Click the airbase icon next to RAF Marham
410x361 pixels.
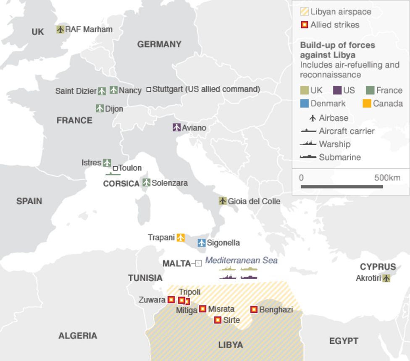pyautogui.click(x=60, y=29)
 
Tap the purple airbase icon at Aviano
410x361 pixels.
pyautogui.click(x=176, y=127)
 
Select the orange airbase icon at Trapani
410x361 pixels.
pyautogui.click(x=181, y=238)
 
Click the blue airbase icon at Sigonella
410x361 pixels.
pyautogui.click(x=202, y=243)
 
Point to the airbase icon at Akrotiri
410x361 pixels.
pyautogui.click(x=386, y=278)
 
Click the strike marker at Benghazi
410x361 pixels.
pyautogui.click(x=254, y=309)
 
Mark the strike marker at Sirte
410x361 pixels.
pyautogui.click(x=218, y=320)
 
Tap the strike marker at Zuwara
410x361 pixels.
pyautogui.click(x=171, y=300)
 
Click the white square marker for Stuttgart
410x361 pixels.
pyautogui.click(x=149, y=89)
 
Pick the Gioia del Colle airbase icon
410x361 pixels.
pyautogui.click(x=223, y=201)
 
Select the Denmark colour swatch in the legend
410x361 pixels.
pyautogui.click(x=305, y=103)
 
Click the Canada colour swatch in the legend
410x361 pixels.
pyautogui.click(x=367, y=103)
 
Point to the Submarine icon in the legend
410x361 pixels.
pyautogui.click(x=308, y=157)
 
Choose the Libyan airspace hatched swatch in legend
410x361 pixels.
pyautogui.click(x=305, y=12)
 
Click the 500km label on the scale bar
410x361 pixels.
pyautogui.click(x=387, y=178)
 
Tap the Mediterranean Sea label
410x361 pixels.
pyautogui.click(x=241, y=260)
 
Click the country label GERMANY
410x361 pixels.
pyautogui.click(x=159, y=44)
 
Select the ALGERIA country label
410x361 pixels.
pyautogui.click(x=78, y=335)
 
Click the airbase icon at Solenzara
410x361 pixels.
pyautogui.click(x=146, y=183)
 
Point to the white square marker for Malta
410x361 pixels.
pyautogui.click(x=198, y=264)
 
